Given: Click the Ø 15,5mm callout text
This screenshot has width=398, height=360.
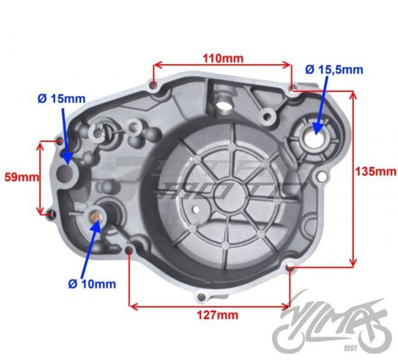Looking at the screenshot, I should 333,70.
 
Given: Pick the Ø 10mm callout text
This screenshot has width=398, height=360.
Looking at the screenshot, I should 92,283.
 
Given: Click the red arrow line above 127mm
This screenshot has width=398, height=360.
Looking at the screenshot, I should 210,305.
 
